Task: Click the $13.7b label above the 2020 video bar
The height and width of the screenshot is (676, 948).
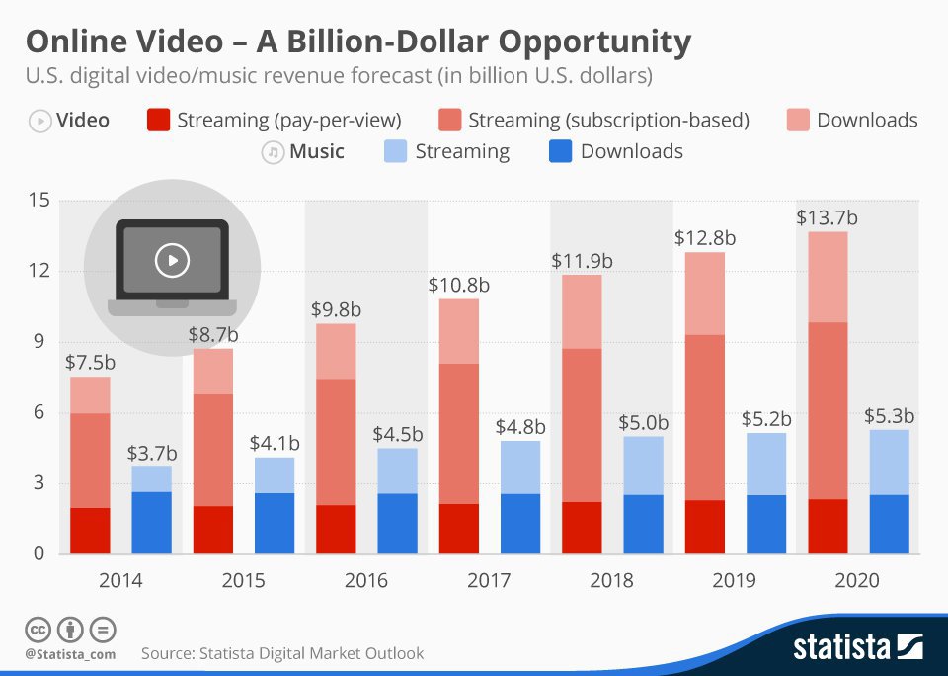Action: point(827,217)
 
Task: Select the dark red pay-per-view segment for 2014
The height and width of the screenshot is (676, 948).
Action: point(90,530)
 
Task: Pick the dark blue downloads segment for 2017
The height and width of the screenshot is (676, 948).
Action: point(520,523)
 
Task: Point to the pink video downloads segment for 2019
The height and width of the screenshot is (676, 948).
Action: point(704,294)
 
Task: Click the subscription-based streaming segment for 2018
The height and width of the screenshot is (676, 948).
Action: point(582,425)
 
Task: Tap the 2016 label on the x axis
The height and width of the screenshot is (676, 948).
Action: point(365,580)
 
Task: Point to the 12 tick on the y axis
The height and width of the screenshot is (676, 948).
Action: point(38,272)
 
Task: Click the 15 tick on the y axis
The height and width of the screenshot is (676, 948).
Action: point(38,201)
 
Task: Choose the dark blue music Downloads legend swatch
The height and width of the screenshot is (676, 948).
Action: point(560,152)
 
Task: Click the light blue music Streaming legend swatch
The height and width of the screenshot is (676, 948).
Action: point(394,152)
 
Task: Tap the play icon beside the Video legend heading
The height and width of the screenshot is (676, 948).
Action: point(39,121)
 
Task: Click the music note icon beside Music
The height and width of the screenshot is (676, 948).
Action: point(272,152)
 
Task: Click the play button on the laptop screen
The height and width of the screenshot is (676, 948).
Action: point(172,260)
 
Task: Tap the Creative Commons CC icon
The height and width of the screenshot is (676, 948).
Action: point(38,630)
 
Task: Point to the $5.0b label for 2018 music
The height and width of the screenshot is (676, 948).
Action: point(643,423)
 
